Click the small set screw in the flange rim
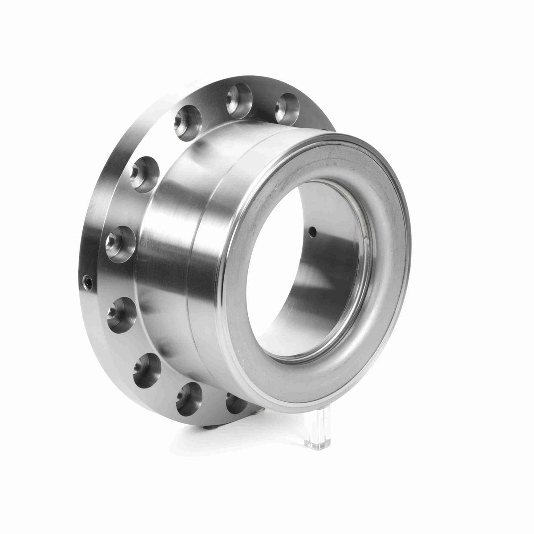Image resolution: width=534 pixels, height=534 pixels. pos(88,281)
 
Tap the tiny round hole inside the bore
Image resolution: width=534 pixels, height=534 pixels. pos(313,231)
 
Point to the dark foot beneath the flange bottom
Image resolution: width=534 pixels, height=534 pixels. pos(209,429)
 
